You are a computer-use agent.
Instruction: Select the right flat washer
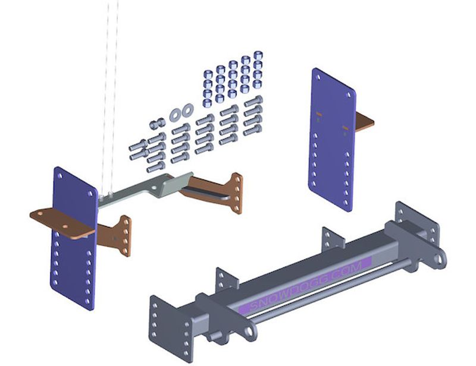(188, 109)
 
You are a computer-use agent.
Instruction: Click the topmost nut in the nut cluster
(258, 55)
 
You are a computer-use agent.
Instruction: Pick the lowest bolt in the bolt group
(156, 167)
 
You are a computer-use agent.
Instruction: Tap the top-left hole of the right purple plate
(318, 77)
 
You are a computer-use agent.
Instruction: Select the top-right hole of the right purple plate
(349, 95)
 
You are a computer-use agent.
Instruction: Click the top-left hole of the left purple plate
(60, 176)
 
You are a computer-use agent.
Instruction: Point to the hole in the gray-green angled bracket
(154, 188)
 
